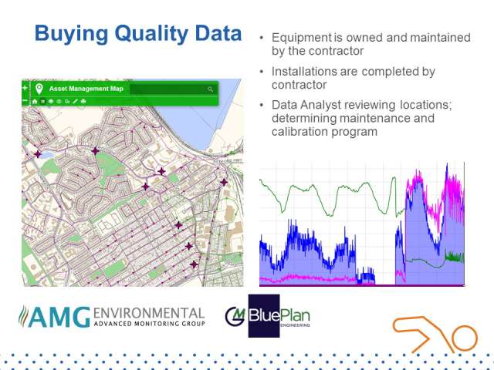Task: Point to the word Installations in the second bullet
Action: point(304,72)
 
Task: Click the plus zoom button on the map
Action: point(25,88)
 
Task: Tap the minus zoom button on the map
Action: point(25,101)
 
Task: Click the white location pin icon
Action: point(39,89)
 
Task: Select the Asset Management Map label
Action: point(86,89)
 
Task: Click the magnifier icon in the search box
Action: point(210,89)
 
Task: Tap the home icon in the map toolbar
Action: point(35,101)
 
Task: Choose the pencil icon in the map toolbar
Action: point(75,101)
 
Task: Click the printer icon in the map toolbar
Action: point(83,101)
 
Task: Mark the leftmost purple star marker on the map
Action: point(38,154)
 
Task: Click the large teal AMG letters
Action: point(59,317)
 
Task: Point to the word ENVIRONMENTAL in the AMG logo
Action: point(149,313)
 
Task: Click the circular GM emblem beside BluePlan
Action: point(235,316)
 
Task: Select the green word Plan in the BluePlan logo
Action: point(295,315)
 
